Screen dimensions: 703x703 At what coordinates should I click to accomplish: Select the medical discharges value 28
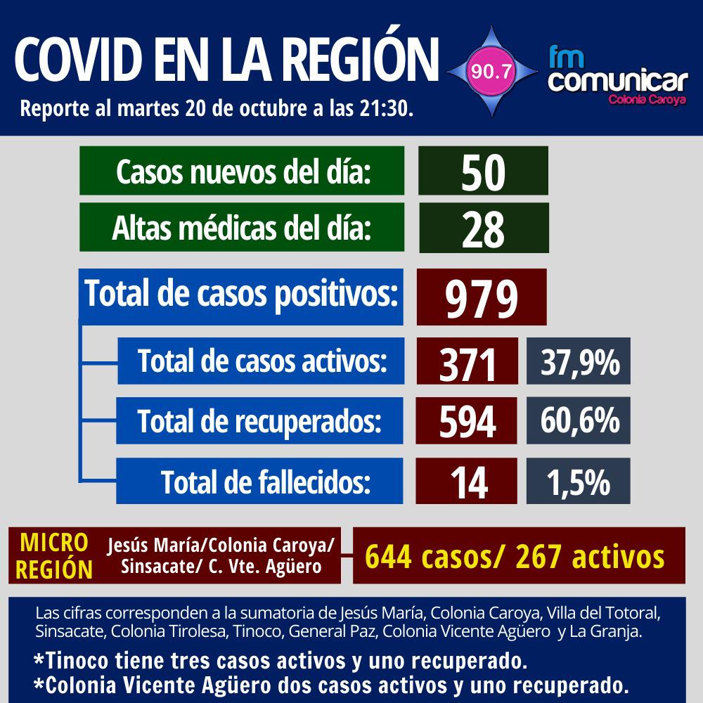tap(483, 228)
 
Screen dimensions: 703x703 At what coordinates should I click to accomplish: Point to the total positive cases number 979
tap(482, 297)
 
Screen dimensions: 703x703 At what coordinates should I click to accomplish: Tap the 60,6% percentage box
tap(579, 421)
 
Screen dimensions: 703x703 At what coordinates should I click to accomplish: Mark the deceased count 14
tap(467, 482)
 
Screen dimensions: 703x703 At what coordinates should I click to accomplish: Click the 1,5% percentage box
tap(579, 482)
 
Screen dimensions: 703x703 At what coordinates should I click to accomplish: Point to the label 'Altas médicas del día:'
tap(243, 228)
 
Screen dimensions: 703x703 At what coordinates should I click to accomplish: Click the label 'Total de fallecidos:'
tap(265, 482)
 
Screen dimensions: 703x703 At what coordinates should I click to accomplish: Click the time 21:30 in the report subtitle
tap(387, 110)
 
